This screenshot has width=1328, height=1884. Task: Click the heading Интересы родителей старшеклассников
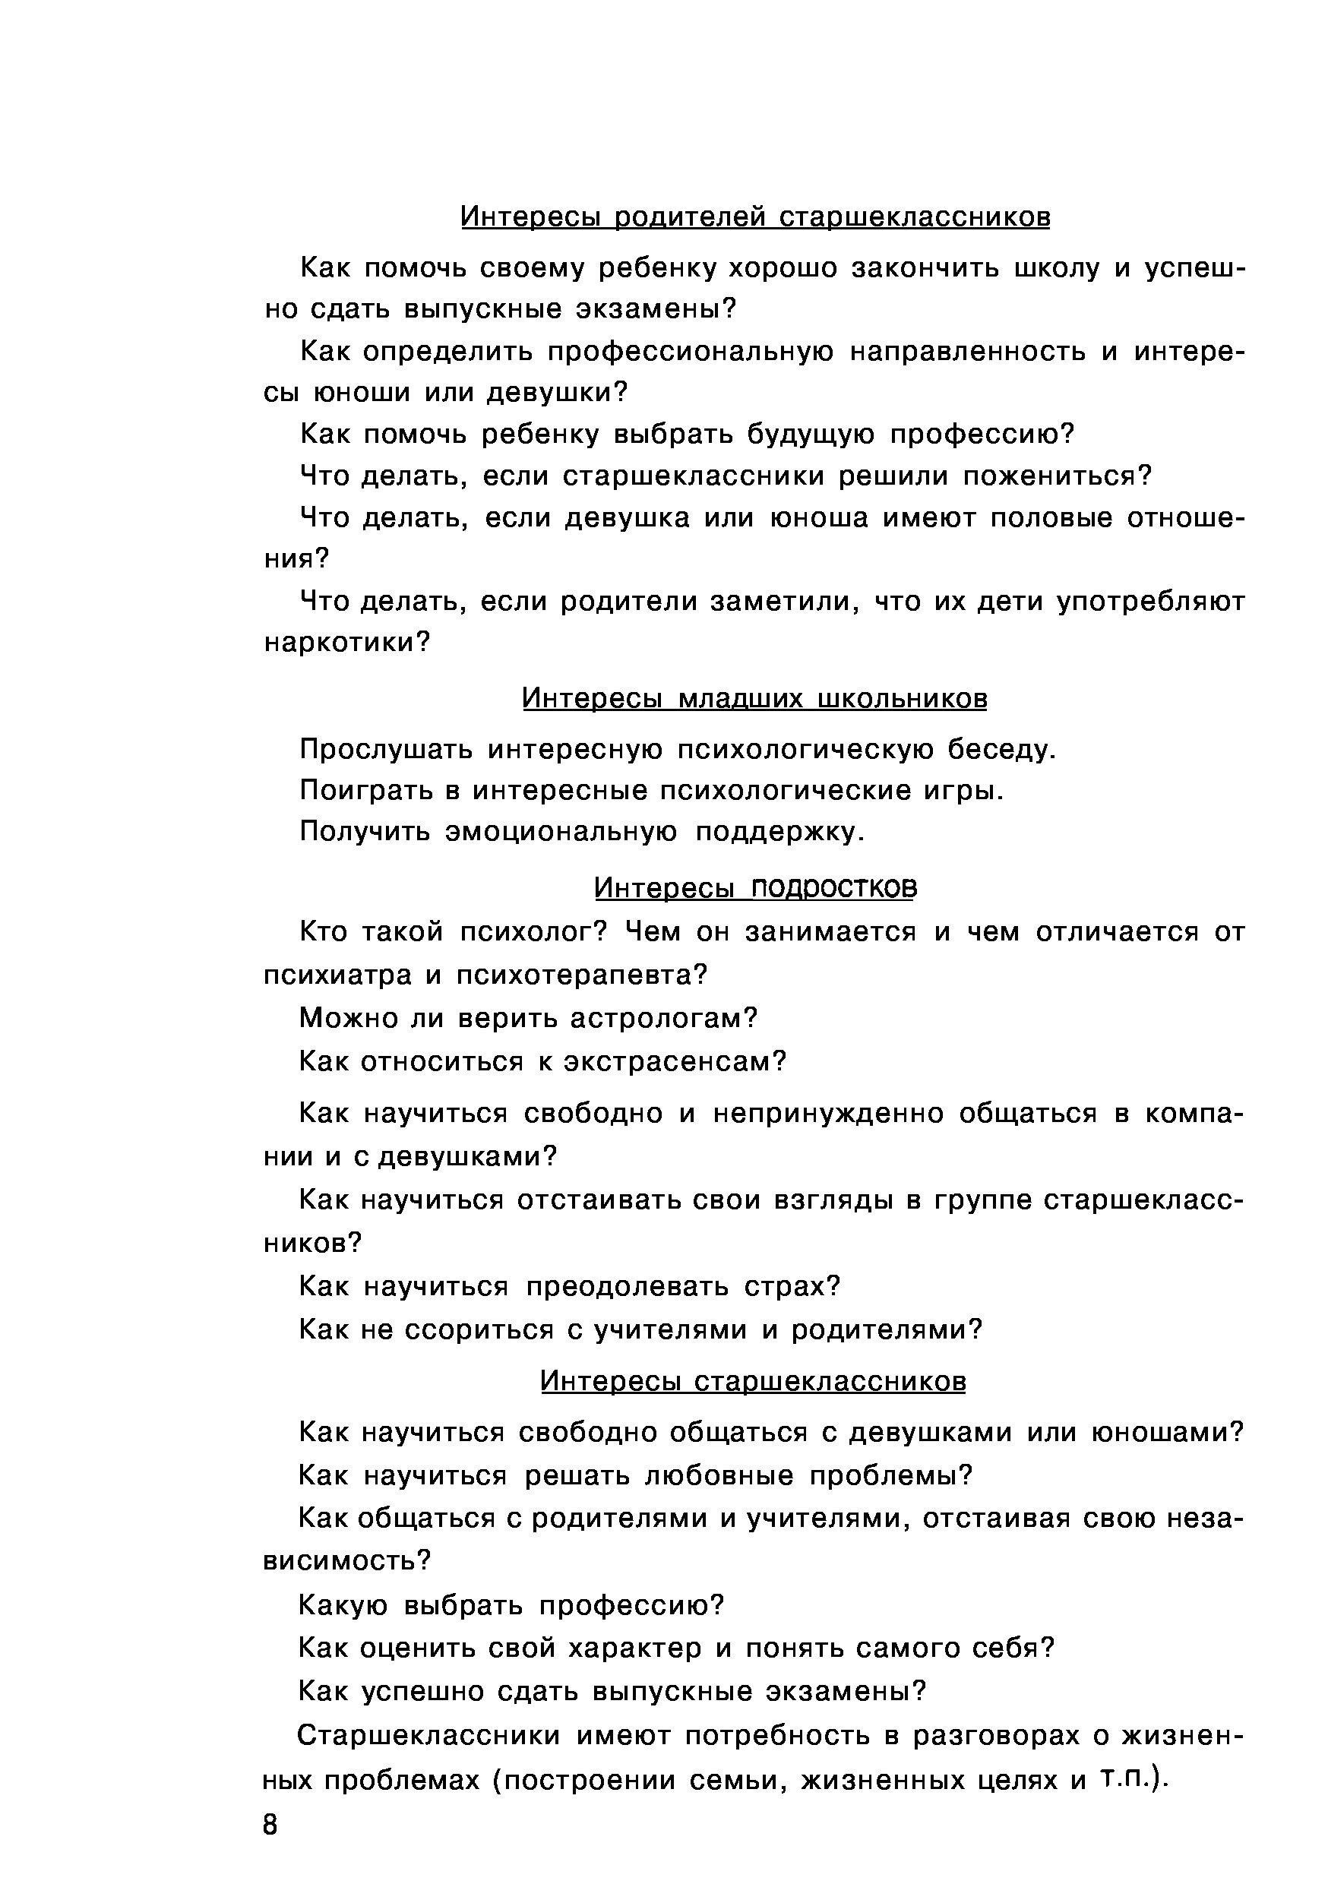pos(754,217)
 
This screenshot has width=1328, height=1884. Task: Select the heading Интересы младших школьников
pos(754,698)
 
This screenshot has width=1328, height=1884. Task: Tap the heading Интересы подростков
pos(754,888)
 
